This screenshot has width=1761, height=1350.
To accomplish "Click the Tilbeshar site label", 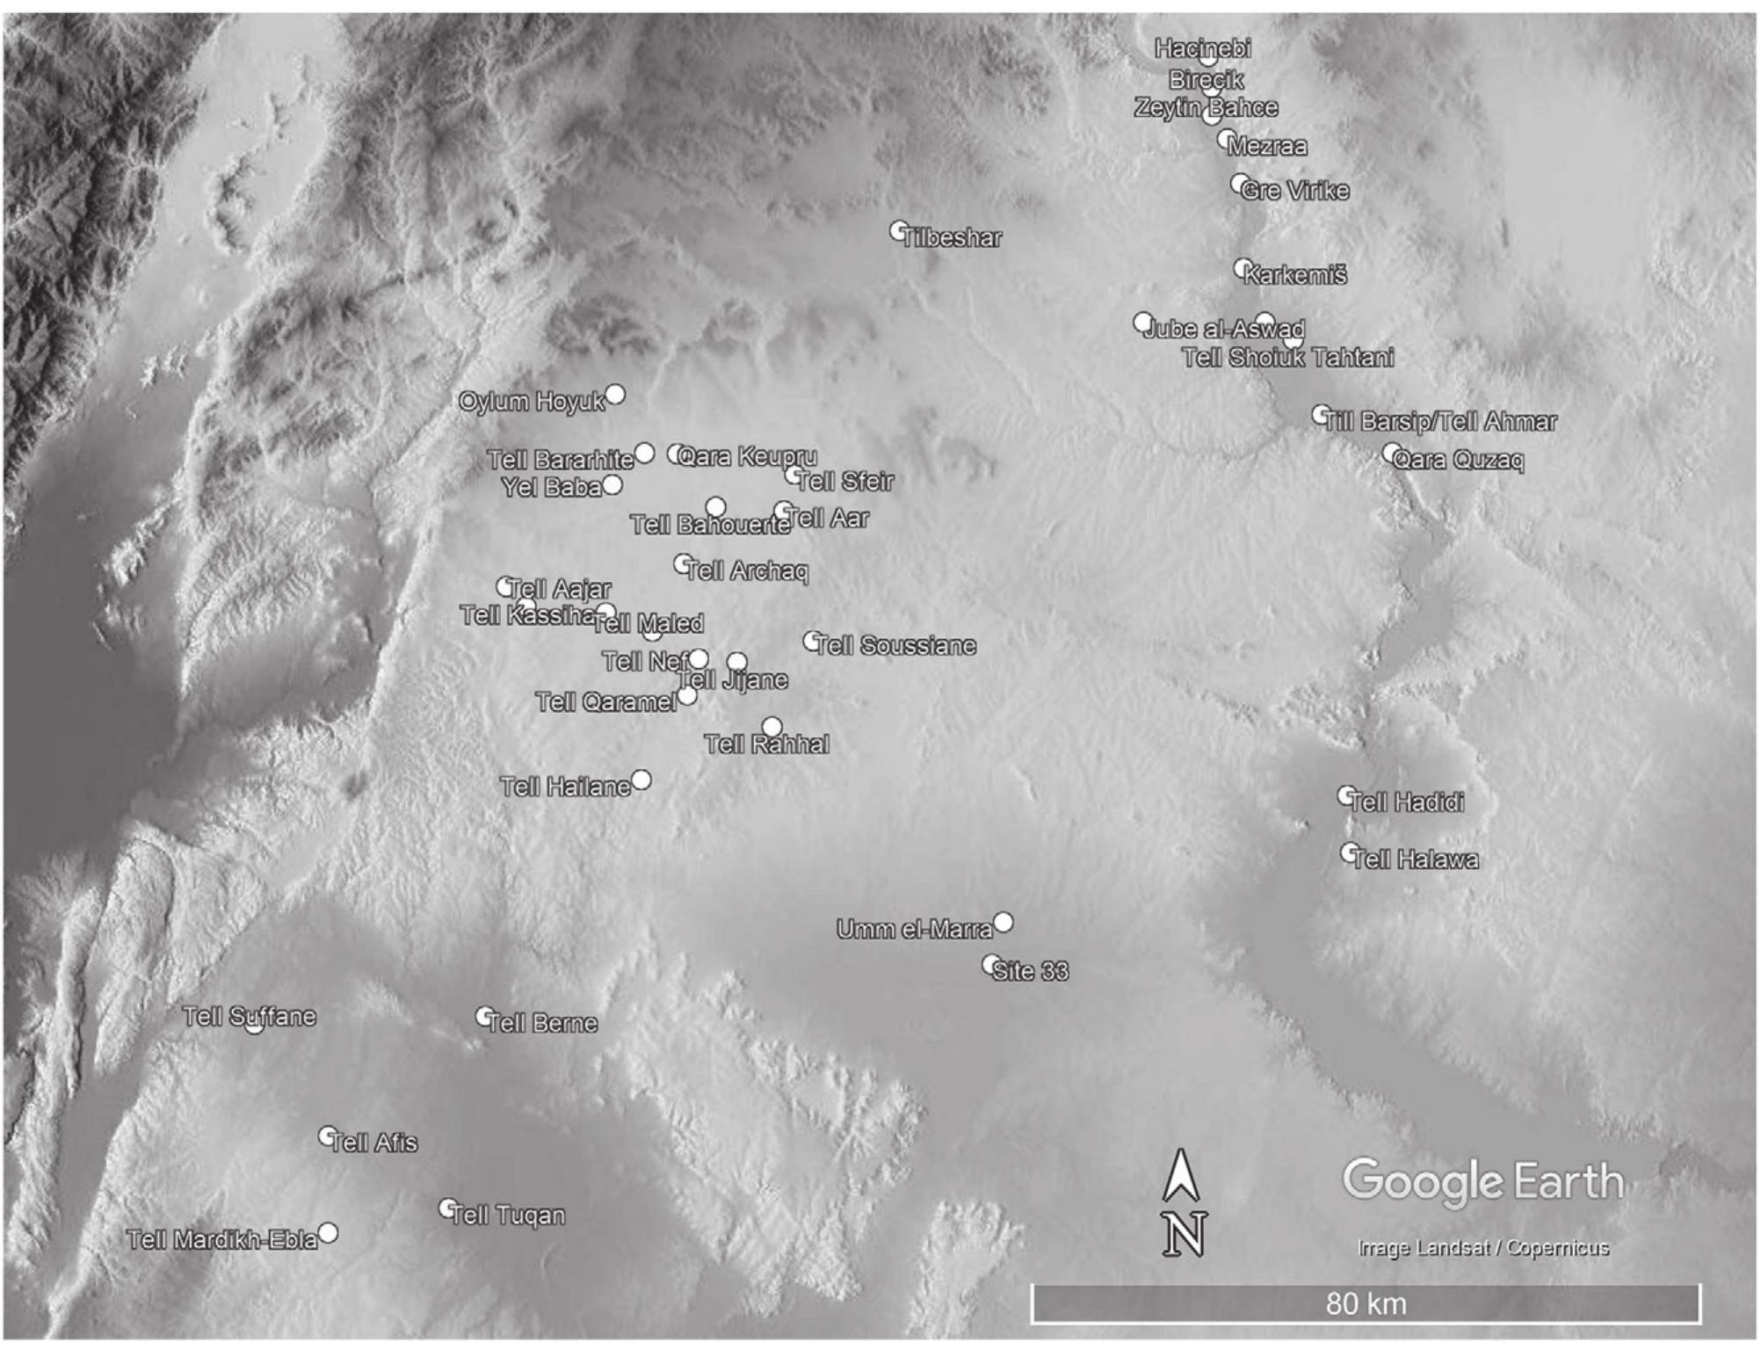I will pos(952,238).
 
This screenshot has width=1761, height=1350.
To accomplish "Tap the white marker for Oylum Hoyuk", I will pos(615,395).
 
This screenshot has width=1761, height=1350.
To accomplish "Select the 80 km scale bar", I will pos(1366,1303).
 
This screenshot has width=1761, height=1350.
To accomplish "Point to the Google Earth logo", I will pos(1483,1181).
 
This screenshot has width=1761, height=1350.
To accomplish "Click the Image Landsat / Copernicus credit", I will pos(1483,1248).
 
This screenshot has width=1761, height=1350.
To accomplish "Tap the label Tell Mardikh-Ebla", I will pos(221,1240).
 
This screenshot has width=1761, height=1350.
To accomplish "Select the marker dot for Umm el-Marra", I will pos(1003,922).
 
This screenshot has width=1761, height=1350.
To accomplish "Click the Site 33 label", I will pos(1030,971).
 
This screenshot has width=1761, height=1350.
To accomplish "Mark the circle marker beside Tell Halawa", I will pos(1349,852).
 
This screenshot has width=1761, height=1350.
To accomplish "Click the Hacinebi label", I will pos(1202,48).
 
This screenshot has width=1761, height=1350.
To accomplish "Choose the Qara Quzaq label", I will pos(1459,461).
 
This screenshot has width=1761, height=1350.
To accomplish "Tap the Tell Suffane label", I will pos(249,1017).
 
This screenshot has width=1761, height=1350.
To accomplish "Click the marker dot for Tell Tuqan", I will pos(448,1208).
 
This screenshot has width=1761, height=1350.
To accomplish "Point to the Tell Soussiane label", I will pos(895,646).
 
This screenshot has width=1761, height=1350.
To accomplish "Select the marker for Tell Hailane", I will pos(641,780).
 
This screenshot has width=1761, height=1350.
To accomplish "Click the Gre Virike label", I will pos(1295,191).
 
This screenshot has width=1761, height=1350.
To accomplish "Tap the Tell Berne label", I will pos(542,1023).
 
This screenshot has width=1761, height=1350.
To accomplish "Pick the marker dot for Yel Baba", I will pos(612,484).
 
